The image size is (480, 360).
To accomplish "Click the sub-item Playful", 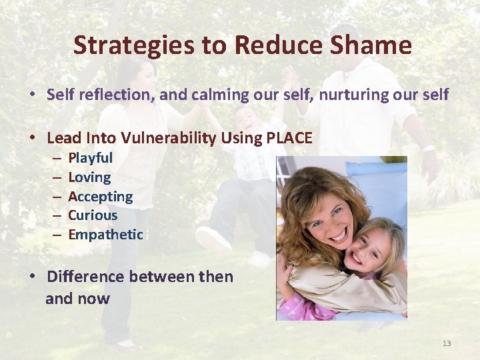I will click(x=91, y=158).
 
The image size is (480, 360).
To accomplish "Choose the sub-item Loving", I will click(x=89, y=177).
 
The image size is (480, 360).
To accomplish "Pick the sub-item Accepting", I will click(x=101, y=197).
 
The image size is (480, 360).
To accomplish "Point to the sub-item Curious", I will click(x=93, y=215).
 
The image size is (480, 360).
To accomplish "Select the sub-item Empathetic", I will click(x=105, y=235).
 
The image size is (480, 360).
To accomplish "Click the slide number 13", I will click(x=447, y=343).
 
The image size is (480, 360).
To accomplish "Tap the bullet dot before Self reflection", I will click(x=32, y=95).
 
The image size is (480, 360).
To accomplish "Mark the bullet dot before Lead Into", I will click(x=32, y=138).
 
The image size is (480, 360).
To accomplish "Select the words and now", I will click(x=77, y=299).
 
